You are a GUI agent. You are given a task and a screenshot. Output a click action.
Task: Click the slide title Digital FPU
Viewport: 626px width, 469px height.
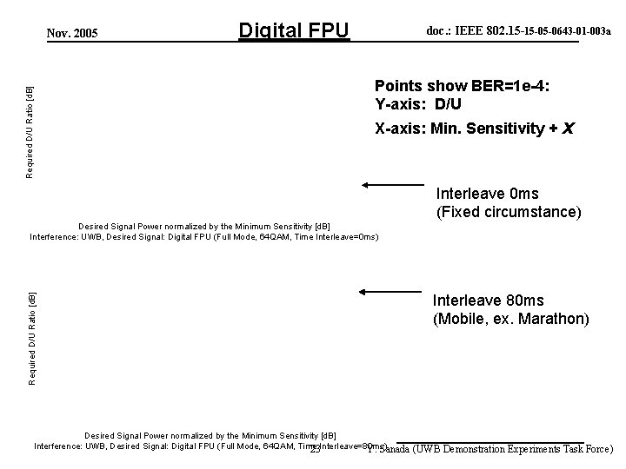click(x=294, y=32)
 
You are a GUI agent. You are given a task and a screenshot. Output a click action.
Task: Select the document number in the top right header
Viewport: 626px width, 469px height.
click(x=518, y=30)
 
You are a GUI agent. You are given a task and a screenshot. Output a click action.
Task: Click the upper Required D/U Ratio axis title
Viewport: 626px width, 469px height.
click(x=30, y=132)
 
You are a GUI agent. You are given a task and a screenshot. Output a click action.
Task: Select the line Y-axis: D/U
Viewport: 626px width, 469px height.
click(x=419, y=104)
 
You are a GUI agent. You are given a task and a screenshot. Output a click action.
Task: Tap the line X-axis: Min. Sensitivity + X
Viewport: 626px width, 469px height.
click(x=474, y=129)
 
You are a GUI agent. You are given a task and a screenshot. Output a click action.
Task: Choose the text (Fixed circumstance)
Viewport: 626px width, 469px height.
click(x=508, y=212)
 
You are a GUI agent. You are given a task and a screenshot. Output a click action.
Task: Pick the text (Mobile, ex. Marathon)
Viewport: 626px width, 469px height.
click(x=510, y=319)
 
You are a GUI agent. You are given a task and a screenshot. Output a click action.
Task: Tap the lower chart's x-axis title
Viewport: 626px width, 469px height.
click(x=210, y=434)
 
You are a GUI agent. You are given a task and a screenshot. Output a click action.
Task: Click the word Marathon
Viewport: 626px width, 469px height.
click(x=557, y=319)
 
